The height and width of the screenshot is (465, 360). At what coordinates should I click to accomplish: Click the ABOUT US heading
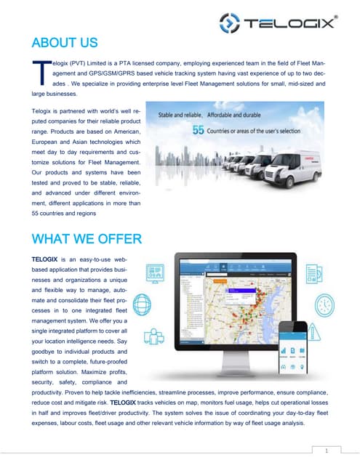(x=65, y=41)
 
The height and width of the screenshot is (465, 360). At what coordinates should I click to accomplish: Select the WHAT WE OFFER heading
(x=87, y=238)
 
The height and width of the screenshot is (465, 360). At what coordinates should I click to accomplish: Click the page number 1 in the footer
(x=328, y=450)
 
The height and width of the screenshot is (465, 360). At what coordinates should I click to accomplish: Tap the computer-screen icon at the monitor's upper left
(x=154, y=271)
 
